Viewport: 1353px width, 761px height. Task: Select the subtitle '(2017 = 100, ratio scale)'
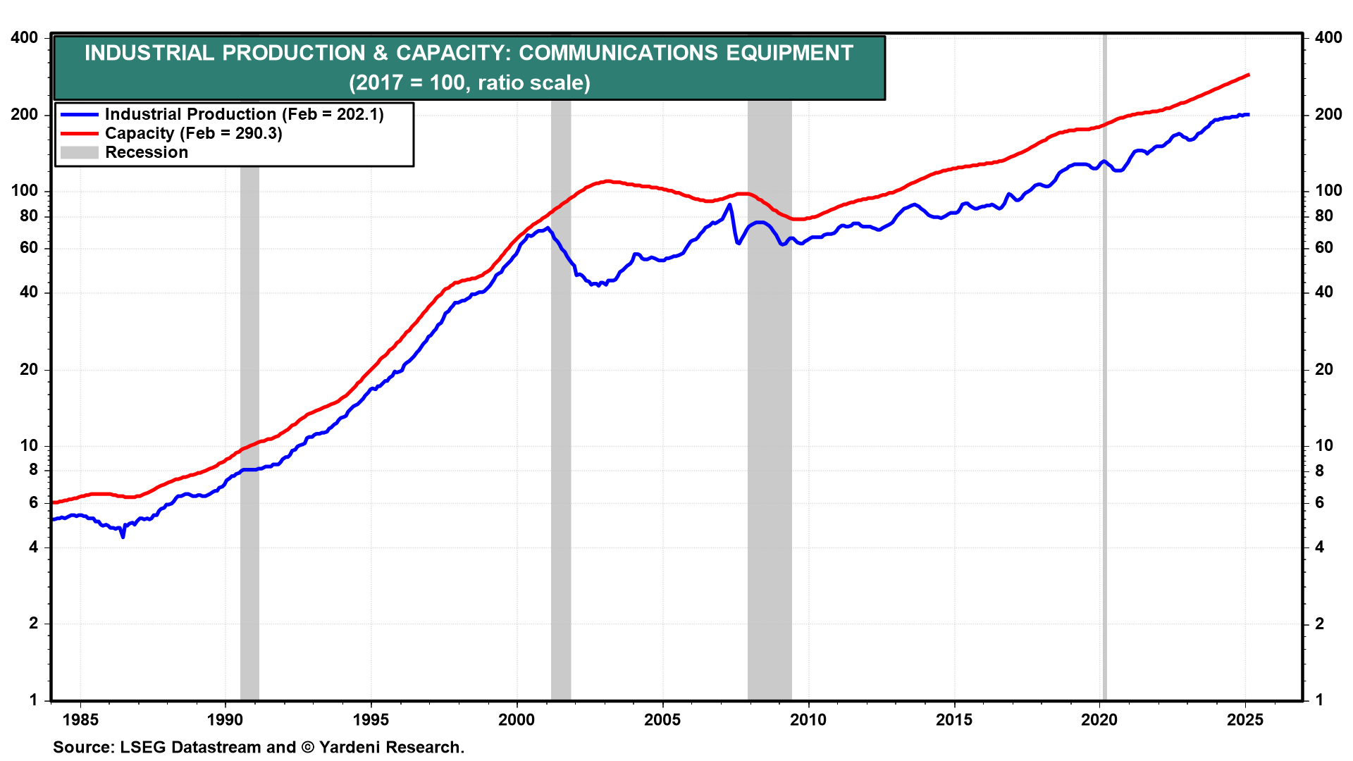click(469, 82)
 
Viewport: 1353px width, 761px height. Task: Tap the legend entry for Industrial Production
click(244, 114)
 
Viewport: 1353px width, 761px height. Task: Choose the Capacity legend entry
click(193, 133)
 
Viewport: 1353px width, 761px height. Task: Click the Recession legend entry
click(147, 152)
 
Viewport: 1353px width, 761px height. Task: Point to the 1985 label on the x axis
click(80, 719)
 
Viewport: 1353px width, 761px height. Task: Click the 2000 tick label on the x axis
click(517, 719)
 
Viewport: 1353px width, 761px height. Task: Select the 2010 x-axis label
click(808, 719)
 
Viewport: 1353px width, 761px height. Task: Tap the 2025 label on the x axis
click(1245, 719)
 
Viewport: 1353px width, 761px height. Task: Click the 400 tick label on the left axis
click(25, 37)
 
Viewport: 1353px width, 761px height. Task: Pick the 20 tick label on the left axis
click(29, 369)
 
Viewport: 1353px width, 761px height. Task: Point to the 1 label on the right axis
click(1319, 700)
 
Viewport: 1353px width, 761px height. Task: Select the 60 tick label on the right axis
click(1324, 247)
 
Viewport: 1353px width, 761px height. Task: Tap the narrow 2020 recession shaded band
click(1104, 423)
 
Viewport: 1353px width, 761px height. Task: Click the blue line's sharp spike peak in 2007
click(729, 205)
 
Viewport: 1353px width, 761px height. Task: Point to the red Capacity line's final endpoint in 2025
click(1248, 75)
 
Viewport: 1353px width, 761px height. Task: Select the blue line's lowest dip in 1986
click(123, 537)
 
